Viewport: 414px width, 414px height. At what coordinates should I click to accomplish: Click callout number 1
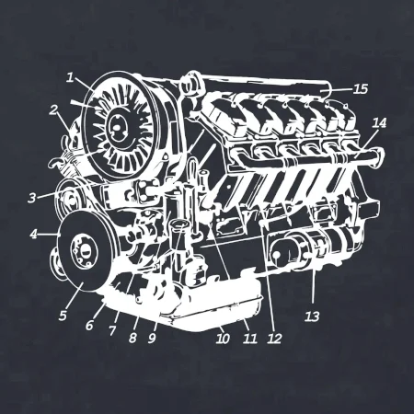tap(71, 77)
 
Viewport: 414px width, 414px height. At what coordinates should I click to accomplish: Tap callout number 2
tap(54, 110)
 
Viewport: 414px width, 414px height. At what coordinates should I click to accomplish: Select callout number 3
tap(32, 198)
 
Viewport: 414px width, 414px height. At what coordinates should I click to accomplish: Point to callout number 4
tap(34, 235)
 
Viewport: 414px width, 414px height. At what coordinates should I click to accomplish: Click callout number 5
tap(63, 316)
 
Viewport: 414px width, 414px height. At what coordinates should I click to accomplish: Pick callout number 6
tap(89, 326)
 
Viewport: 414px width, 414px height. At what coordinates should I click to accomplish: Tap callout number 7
tap(112, 331)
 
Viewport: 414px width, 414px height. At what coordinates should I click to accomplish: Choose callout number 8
tap(132, 338)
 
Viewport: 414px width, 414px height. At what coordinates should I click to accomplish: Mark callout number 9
tap(153, 338)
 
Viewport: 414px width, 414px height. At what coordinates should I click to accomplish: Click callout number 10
tap(223, 339)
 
